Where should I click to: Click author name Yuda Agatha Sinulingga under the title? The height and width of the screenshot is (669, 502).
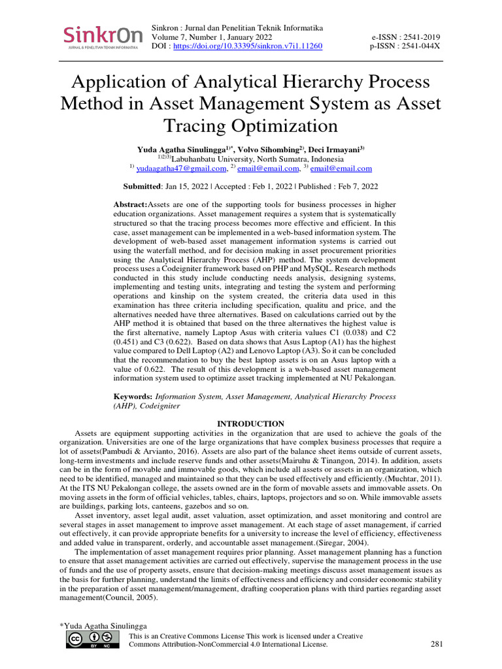point(179,149)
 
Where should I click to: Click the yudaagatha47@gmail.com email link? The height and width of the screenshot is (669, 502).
point(176,168)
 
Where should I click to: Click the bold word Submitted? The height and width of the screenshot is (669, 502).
point(142,186)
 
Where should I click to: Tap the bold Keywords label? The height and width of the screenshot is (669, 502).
point(133,396)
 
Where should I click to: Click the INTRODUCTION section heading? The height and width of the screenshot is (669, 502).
point(250,423)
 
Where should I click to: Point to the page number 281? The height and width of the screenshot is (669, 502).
point(437,644)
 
